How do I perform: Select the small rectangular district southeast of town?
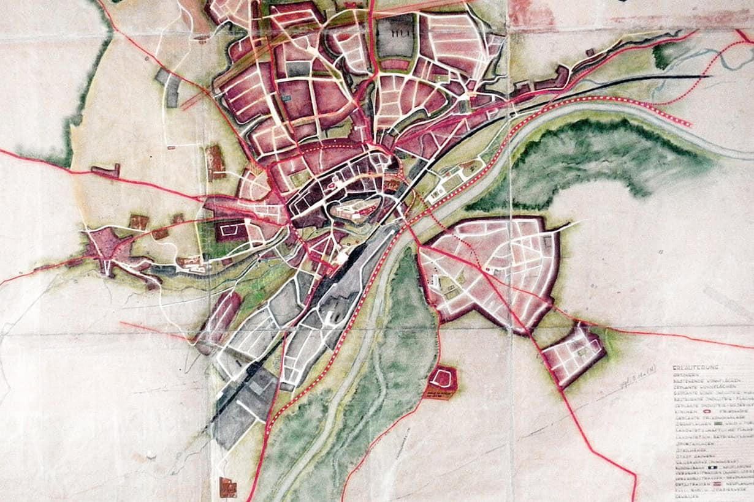[x=574, y=354]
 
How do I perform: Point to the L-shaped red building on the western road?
[x=105, y=171]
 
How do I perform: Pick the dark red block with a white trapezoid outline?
[x=230, y=231]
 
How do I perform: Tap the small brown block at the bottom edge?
[x=227, y=487]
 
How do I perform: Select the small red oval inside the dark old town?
[x=331, y=184]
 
